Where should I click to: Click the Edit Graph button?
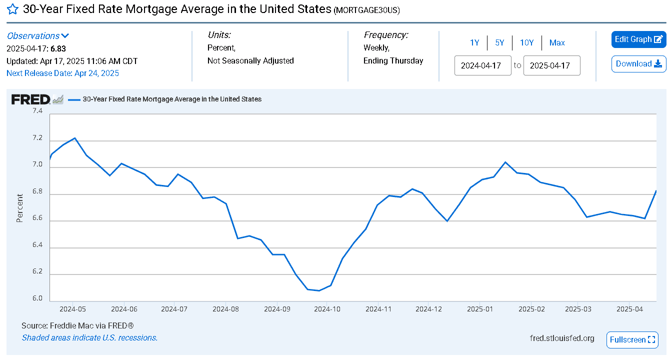coord(638,39)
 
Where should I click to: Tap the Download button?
coord(638,64)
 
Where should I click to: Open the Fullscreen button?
coord(632,340)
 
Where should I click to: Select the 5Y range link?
coord(499,43)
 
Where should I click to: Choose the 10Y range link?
coord(527,43)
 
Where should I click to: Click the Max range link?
coord(557,43)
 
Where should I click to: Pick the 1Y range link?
coord(474,43)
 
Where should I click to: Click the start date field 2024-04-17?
coord(482,65)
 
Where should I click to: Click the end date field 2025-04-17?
coord(551,65)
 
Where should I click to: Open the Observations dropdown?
coord(38,36)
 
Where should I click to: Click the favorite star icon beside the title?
coord(12,9)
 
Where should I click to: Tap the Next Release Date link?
coord(62,73)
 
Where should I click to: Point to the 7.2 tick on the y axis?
coord(37,137)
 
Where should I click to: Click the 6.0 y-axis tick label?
coord(37,298)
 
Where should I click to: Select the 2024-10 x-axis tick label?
coord(327,309)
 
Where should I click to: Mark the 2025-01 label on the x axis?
coord(480,309)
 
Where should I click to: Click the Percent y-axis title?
coord(19,208)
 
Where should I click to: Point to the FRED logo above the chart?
coord(31,99)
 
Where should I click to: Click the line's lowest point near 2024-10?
coord(319,290)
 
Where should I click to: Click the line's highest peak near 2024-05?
coord(74,138)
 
